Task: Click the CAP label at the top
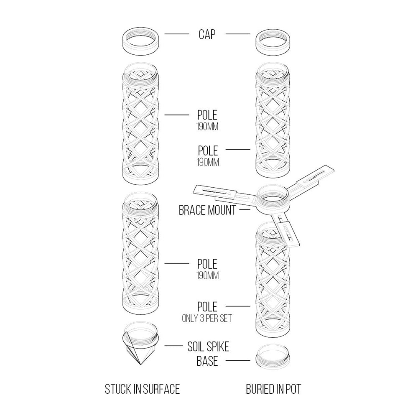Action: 207,34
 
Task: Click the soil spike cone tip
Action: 139,363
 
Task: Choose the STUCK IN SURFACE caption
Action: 142,389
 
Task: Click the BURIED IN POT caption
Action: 273,389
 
